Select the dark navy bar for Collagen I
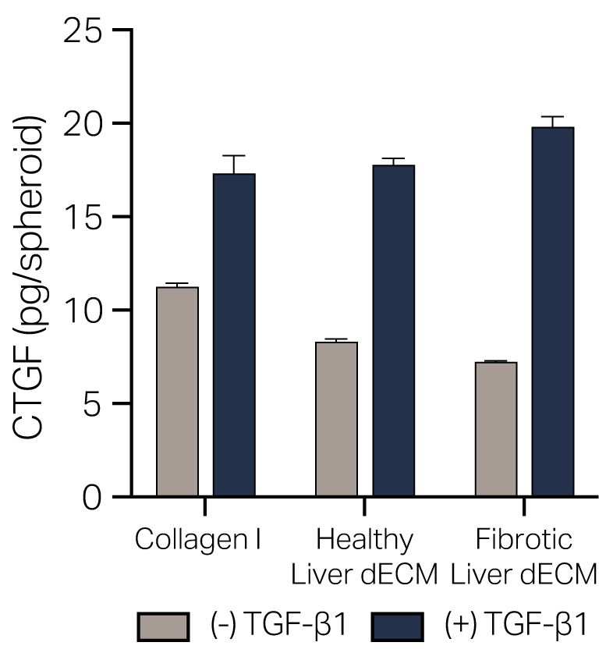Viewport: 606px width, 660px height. tap(234, 335)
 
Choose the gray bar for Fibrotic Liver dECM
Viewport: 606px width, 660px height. tap(496, 429)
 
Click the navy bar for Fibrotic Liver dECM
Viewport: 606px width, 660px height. tap(553, 312)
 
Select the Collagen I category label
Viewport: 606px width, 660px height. tap(198, 540)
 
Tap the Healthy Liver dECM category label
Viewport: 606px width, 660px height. tap(363, 556)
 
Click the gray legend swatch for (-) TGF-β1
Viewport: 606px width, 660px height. tap(163, 626)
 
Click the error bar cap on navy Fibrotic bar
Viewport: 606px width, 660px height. tap(553, 117)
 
